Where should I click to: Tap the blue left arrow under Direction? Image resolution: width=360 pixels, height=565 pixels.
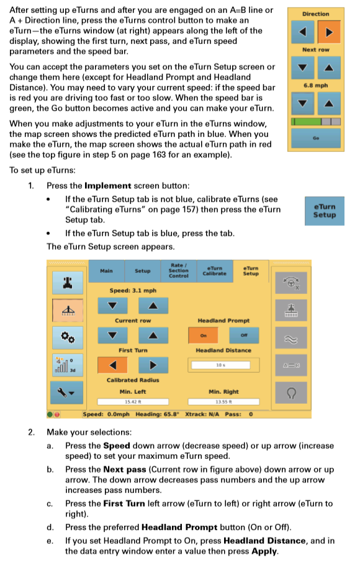[304, 31]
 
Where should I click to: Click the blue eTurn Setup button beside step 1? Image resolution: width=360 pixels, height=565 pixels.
[324, 211]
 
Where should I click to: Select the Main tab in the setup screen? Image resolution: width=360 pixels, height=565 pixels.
[107, 271]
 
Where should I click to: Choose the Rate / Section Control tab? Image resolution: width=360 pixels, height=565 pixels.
[178, 271]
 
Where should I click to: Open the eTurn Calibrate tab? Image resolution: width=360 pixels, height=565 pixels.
[214, 271]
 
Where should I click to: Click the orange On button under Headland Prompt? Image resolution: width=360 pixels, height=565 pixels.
[202, 335]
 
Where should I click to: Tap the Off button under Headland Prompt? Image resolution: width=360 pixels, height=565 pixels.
[243, 335]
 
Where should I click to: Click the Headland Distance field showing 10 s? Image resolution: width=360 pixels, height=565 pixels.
[220, 365]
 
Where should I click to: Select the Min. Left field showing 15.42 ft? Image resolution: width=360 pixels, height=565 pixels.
[132, 402]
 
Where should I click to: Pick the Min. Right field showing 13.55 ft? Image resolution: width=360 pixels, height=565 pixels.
[223, 402]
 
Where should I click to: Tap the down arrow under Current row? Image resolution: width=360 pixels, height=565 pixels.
[112, 335]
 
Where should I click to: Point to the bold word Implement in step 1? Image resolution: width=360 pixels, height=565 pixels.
[107, 185]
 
